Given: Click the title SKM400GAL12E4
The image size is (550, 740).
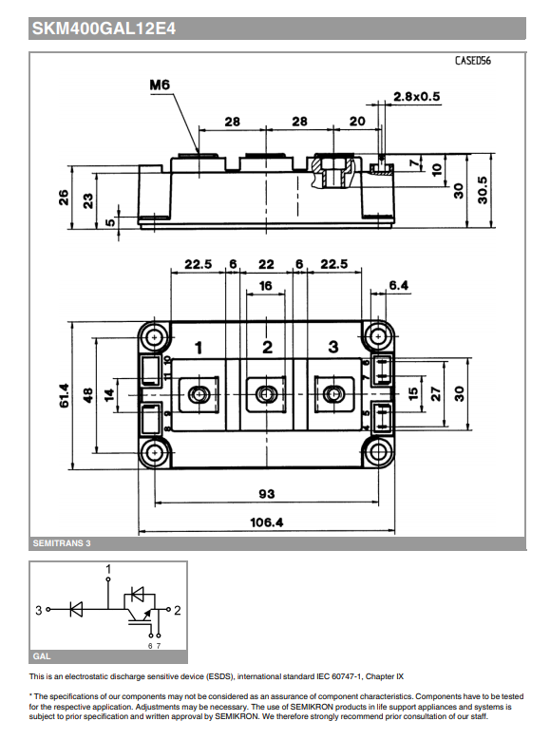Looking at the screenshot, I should [90, 29].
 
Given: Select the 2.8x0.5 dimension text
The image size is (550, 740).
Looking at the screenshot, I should [417, 97].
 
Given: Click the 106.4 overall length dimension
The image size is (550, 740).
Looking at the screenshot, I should [267, 522].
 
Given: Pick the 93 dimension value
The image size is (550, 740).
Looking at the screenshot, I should [267, 493].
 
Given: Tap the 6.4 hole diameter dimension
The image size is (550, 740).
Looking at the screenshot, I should [398, 285].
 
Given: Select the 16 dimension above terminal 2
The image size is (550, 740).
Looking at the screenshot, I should [266, 285].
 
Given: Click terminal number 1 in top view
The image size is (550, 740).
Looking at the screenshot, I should [199, 348].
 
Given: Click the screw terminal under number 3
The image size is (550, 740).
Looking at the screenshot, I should [333, 394].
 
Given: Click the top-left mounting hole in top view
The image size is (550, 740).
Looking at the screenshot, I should [154, 336].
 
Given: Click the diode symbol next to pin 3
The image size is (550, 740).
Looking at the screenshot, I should [76, 611].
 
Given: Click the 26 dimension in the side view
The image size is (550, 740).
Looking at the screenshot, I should [64, 197].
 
